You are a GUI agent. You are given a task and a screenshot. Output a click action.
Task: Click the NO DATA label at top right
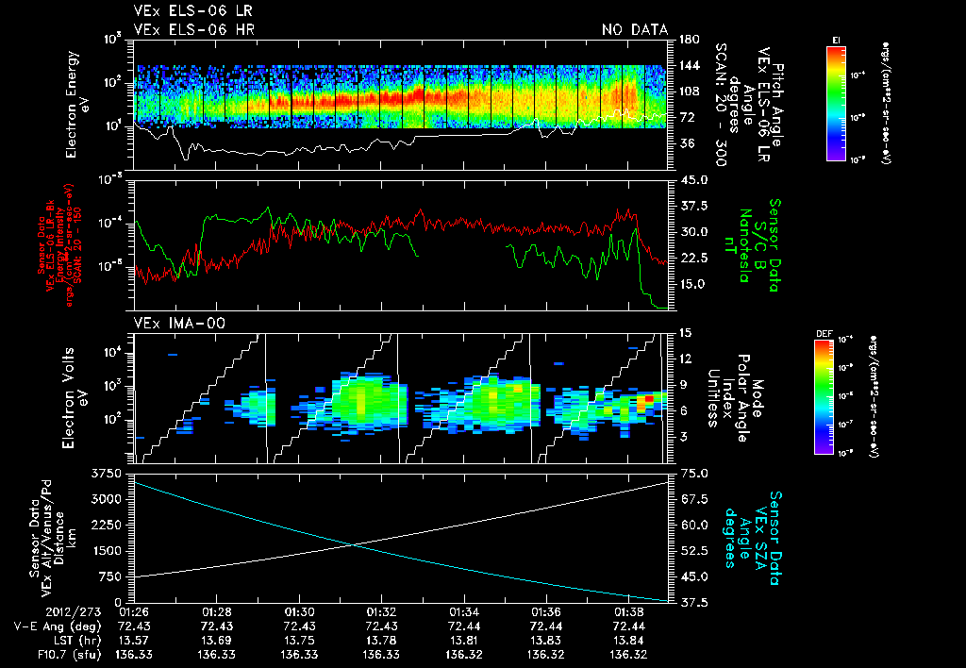tap(635, 30)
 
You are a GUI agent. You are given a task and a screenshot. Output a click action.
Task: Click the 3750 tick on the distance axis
tap(111, 473)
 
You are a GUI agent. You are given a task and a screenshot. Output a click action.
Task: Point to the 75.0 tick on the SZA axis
tap(695, 473)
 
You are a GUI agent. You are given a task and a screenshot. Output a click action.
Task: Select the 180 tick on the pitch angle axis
tap(687, 40)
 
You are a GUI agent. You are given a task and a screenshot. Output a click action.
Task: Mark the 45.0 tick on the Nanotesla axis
tap(695, 180)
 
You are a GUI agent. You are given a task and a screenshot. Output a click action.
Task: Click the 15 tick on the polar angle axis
tap(686, 332)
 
